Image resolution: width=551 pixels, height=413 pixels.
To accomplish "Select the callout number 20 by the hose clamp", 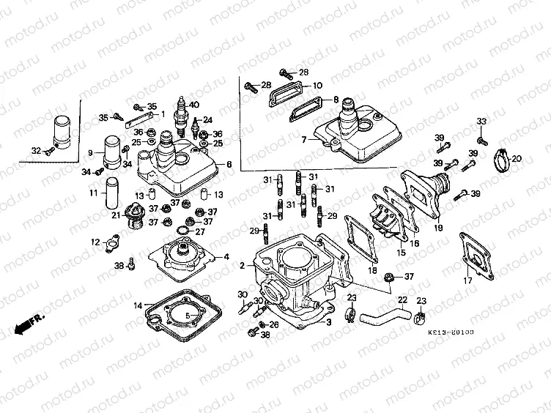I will pos(516,159).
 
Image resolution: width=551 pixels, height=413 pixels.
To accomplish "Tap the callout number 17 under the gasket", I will pos(467,280).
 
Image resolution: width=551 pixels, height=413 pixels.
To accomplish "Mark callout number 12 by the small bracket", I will pos(95,242).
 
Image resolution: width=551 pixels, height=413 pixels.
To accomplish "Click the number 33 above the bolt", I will pos(481,122).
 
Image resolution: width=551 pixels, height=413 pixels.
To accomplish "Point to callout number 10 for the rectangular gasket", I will pos(317,86).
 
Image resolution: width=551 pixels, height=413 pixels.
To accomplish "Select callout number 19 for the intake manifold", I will pos(439,228).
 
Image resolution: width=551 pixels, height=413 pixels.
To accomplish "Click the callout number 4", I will pos(226,256).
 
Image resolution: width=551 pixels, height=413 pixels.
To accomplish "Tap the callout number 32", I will pos(35,151).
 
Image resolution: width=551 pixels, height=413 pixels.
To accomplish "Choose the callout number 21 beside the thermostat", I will pos(116,215).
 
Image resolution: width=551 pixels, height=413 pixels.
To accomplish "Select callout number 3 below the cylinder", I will pos(329,321).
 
